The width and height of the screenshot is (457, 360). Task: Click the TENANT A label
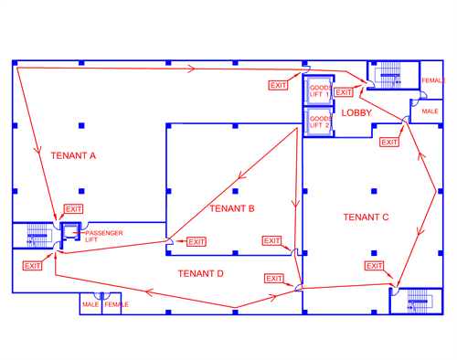point(73,155)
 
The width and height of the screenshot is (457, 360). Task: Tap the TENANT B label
point(232,208)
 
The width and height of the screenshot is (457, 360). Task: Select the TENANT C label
point(366,217)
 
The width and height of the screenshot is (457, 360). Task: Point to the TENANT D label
point(201,273)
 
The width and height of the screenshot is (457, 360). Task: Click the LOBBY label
point(356,113)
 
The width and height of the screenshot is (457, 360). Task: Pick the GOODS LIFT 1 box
point(319,91)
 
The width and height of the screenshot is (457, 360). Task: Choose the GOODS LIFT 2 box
point(319,122)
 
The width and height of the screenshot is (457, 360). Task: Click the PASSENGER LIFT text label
point(104,237)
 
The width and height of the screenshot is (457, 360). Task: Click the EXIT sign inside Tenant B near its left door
point(197,242)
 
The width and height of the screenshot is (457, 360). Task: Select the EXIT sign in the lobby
point(344,92)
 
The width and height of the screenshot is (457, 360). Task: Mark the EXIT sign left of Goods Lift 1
point(278,85)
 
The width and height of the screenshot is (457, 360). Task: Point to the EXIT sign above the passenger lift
point(74,209)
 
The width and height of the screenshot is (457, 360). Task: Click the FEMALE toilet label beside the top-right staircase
point(433,80)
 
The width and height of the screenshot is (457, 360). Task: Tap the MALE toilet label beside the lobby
point(430,111)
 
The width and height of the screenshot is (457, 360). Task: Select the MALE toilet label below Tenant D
point(90,304)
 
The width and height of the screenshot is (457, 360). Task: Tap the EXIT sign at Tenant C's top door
point(389,142)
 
